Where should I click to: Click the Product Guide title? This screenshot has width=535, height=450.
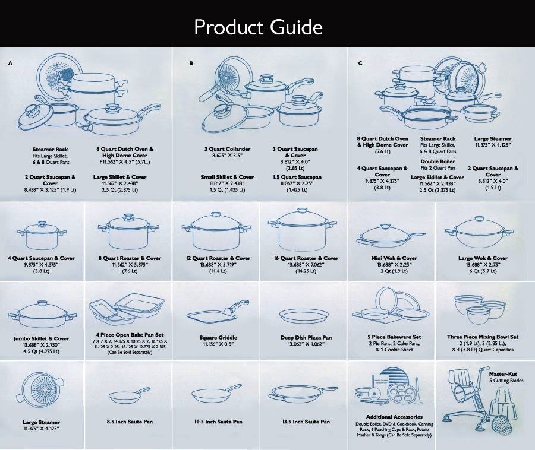pos(258,27)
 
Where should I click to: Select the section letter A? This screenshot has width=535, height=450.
pos(10,62)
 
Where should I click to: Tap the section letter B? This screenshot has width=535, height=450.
pos(191,62)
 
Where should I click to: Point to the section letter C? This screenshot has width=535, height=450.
pos(360,62)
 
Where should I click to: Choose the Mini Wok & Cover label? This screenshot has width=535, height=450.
pos(394,258)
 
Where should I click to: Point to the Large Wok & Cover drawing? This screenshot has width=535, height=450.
pos(483,232)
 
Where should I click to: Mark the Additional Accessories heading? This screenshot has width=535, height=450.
pos(394,417)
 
